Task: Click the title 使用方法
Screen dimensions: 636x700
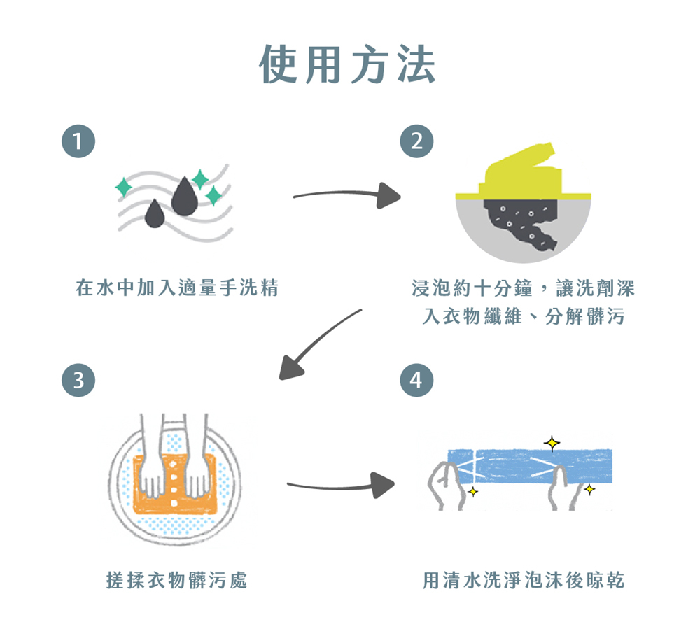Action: [348, 65]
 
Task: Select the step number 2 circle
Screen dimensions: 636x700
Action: [416, 142]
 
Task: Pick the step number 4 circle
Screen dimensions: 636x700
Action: [416, 381]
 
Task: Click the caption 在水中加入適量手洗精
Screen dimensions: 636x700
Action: [178, 288]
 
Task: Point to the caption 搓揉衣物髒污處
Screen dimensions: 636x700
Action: [177, 580]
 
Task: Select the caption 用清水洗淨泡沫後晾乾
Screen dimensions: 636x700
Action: [524, 580]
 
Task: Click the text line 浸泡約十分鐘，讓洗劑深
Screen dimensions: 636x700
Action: [524, 288]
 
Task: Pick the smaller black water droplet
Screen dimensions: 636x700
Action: [154, 214]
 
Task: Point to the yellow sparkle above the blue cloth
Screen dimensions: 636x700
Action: [552, 442]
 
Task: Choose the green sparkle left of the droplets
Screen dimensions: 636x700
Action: [123, 187]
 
